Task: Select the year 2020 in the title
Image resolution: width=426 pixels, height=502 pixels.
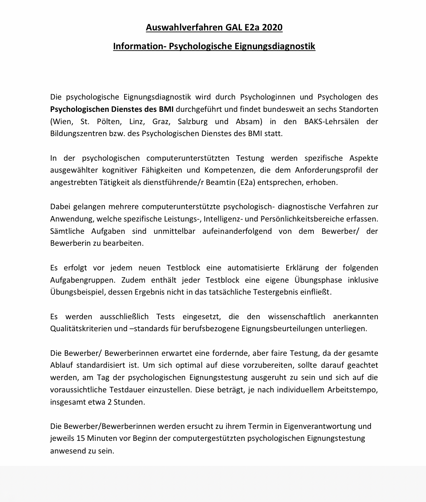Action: point(272,28)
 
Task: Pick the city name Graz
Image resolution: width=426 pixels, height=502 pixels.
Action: point(160,121)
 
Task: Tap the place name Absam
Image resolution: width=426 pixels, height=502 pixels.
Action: point(249,121)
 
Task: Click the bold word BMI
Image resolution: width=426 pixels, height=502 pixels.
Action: point(166,109)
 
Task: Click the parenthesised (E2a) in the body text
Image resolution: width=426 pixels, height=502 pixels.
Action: point(246,182)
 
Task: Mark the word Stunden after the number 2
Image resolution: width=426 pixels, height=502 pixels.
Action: point(129,402)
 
